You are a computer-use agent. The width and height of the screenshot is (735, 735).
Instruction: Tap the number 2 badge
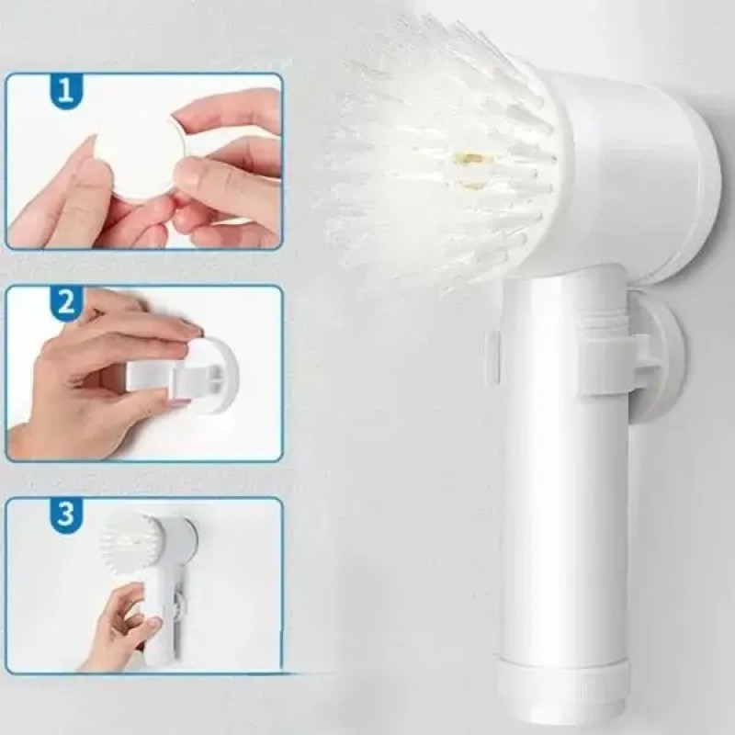pos(66,303)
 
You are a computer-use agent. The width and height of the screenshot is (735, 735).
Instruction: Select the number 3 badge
pos(66,514)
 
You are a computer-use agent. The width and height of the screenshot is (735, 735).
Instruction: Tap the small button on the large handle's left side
pos(493,356)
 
